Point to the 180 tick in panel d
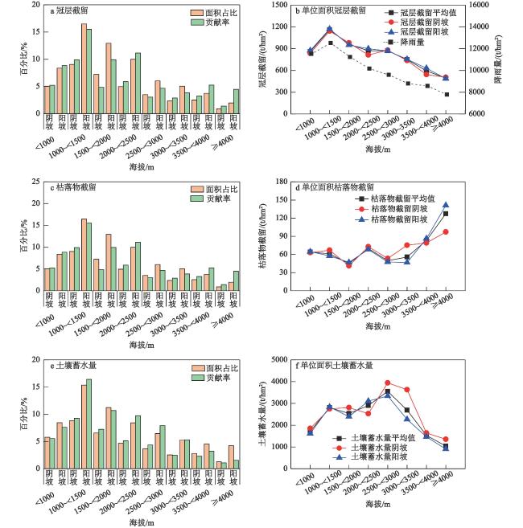tap(281, 182)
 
